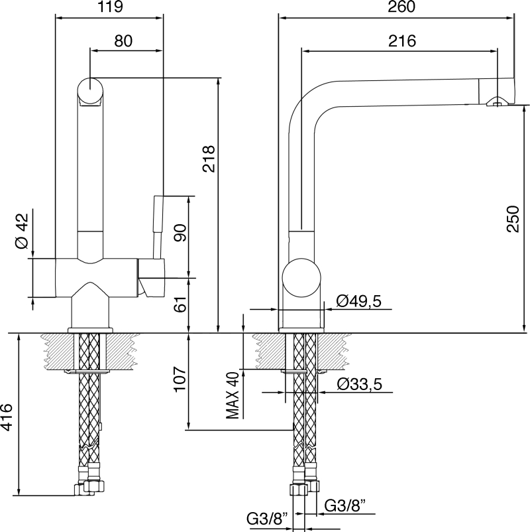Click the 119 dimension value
109,7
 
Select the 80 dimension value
123,41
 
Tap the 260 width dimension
401,7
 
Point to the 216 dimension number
402,41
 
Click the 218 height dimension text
209,159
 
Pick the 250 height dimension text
513,219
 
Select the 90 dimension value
180,233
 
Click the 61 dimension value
180,304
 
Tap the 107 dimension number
180,379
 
